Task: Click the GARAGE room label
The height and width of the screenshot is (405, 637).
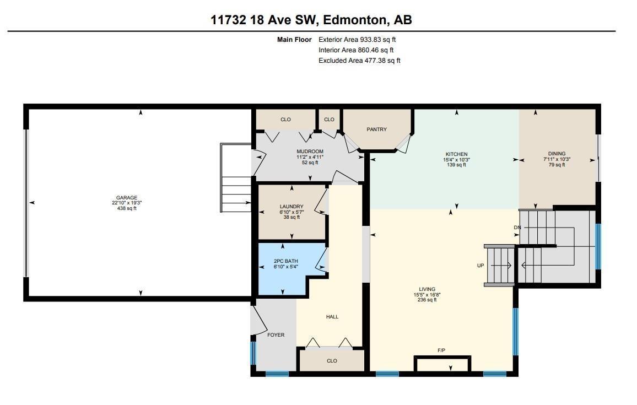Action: click(x=126, y=198)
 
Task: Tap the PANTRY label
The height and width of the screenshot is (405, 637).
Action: click(x=377, y=129)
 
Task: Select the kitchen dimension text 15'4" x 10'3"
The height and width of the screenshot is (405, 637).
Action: click(x=456, y=160)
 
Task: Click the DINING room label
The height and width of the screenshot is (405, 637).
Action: click(x=557, y=154)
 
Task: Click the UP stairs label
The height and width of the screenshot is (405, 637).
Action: click(x=481, y=266)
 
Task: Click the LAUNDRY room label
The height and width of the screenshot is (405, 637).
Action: click(x=291, y=207)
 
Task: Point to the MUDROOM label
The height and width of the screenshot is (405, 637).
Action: click(x=310, y=152)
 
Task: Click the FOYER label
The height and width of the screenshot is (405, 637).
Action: click(x=276, y=334)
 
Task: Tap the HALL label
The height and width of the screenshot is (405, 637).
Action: click(x=332, y=317)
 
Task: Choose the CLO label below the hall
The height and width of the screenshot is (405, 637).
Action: click(x=332, y=361)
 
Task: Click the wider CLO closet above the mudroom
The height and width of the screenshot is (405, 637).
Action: click(x=285, y=120)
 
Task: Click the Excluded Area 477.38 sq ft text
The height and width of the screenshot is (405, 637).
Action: click(x=359, y=61)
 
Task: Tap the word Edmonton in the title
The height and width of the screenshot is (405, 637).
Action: click(x=355, y=20)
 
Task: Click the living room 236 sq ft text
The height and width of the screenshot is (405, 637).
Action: click(x=427, y=300)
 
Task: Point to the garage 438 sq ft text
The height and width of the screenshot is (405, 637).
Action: click(x=126, y=208)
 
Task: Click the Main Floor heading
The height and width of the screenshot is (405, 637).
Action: click(x=294, y=40)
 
